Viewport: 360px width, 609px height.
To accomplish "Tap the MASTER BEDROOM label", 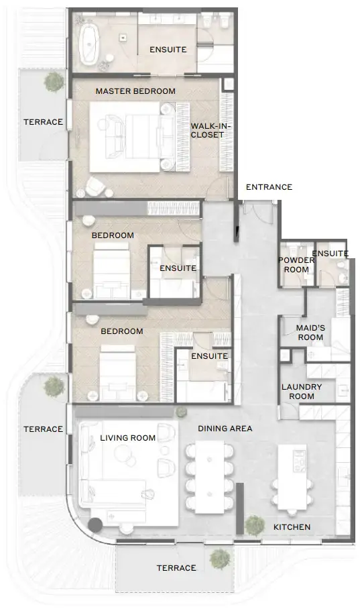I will point(135,91).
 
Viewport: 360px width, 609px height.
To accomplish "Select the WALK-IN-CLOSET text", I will point(207,130).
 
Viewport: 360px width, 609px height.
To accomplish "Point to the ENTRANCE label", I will point(269,187).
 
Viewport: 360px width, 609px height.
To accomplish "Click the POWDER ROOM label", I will point(296,265).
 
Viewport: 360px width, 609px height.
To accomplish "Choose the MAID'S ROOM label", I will point(310,332).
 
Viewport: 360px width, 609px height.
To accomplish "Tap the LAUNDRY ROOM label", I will point(302,392).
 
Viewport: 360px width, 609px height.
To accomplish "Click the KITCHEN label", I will point(292,527).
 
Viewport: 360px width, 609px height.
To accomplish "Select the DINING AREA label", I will point(225,428).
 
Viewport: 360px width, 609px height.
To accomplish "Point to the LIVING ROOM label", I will point(127,438).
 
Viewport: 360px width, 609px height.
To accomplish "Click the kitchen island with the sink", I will point(292,466).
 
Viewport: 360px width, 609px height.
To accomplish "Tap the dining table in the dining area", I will point(210,477).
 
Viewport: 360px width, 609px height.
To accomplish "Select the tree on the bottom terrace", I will point(219,557).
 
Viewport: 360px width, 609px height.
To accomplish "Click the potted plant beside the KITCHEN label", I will point(253,524).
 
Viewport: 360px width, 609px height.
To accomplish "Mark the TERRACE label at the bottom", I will point(176,568).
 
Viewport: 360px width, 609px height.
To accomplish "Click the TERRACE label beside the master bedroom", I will point(43,122).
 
